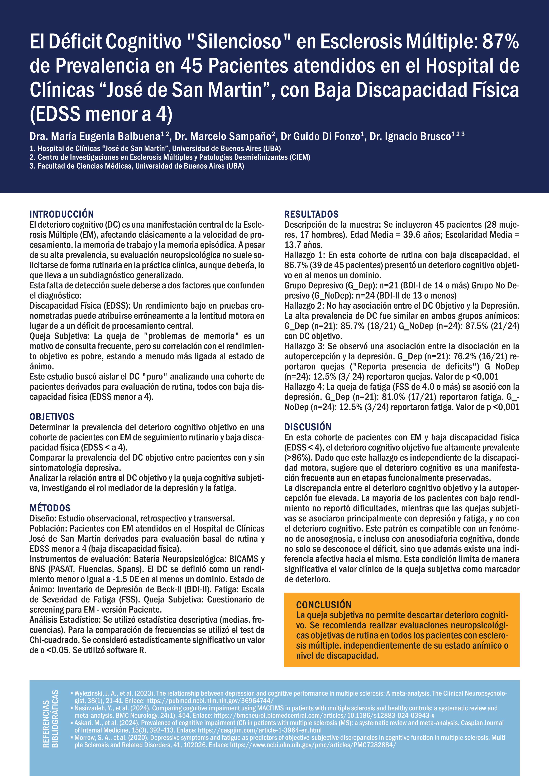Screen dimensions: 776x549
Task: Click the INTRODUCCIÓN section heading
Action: (x=61, y=214)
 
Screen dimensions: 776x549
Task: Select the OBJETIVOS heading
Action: (x=52, y=417)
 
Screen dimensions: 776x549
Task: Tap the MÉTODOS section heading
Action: (x=50, y=508)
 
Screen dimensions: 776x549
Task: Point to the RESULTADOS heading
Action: (x=311, y=214)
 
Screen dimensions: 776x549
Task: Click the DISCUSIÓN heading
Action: (x=308, y=427)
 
